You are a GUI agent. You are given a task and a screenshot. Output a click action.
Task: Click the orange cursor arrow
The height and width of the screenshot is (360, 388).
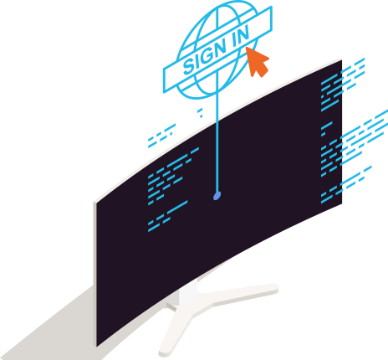(257, 63)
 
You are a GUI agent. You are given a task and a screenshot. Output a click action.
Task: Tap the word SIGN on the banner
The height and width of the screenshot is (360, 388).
(205, 57)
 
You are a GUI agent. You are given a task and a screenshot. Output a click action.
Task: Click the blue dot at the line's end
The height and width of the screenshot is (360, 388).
(217, 196)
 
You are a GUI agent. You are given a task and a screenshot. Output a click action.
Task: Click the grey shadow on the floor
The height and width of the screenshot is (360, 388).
(56, 329)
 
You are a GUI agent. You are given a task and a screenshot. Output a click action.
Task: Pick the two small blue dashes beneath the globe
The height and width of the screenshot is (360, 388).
(200, 113)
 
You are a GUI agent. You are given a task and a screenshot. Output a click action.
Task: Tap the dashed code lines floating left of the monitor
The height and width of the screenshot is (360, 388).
(161, 136)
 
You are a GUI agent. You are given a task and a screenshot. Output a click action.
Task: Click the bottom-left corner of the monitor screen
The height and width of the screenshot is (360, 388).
(97, 347)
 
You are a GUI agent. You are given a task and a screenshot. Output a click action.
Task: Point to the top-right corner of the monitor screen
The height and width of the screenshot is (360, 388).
(342, 60)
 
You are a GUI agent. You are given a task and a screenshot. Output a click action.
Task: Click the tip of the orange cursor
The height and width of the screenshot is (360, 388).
(246, 47)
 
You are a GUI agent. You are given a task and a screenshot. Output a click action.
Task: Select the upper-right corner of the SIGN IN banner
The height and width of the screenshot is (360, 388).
(271, 7)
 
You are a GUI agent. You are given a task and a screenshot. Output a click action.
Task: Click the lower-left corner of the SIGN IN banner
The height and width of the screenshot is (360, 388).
(165, 92)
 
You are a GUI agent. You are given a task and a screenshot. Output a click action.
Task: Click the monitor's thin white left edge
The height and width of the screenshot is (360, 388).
(95, 274)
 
